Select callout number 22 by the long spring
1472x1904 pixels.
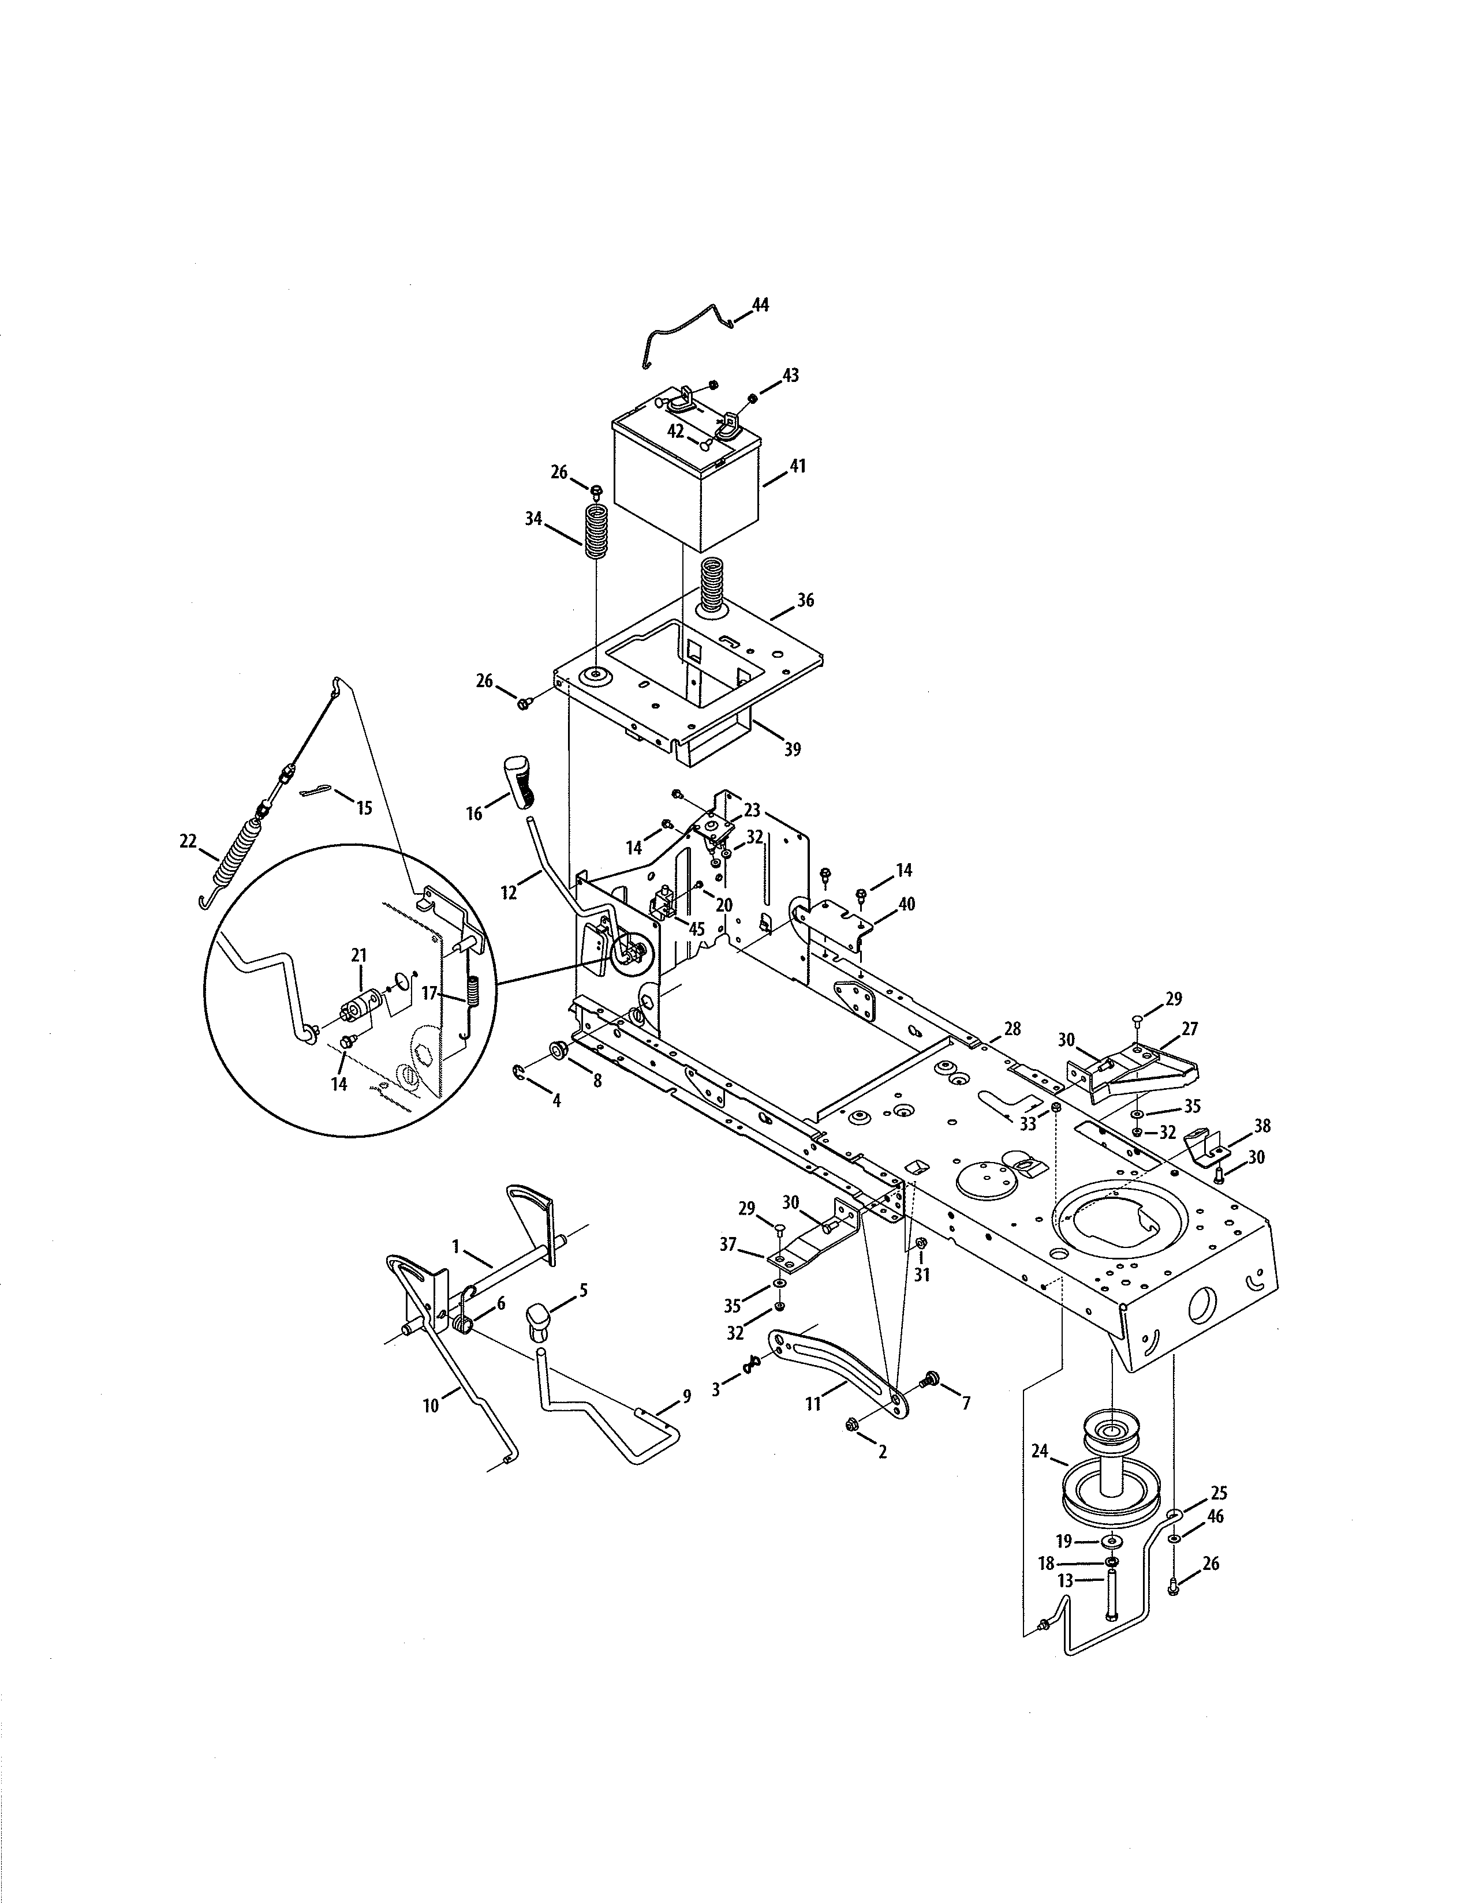188,841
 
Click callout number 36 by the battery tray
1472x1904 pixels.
805,601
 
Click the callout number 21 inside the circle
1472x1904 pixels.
358,955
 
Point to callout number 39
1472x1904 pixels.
792,749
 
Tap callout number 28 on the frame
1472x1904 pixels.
1011,1029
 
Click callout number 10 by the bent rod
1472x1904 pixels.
431,1405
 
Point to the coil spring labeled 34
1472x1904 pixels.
596,535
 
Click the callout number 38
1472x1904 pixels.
1262,1126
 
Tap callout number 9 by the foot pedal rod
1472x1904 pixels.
686,1396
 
